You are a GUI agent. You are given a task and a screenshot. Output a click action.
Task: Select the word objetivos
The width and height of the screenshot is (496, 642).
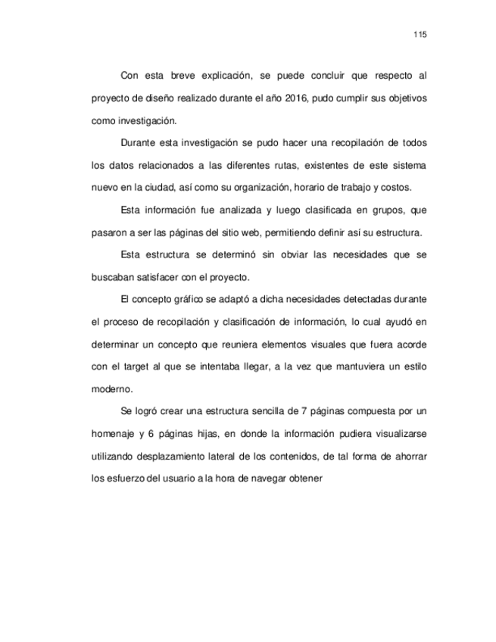click(404, 98)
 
